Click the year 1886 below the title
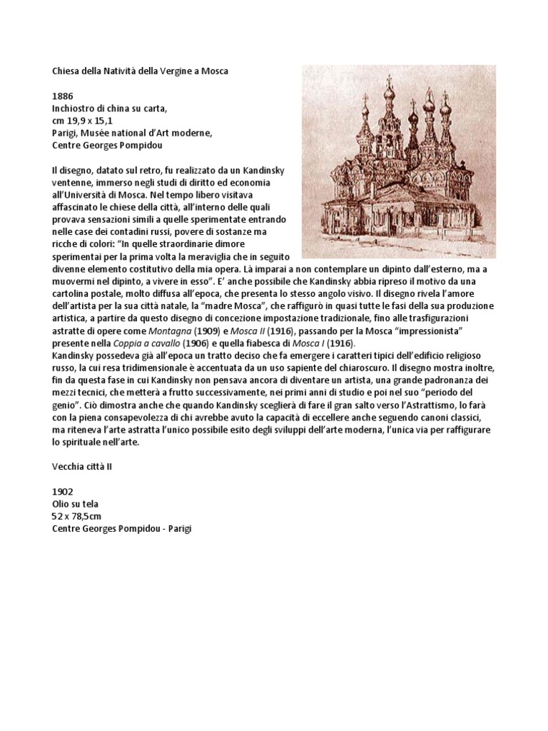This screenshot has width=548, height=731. pos(63,95)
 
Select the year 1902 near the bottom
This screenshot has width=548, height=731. pos(63,491)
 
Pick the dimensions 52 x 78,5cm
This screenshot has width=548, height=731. pos(78,515)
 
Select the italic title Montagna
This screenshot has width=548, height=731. pos(168,331)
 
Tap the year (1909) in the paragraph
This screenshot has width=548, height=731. pos(207,331)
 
